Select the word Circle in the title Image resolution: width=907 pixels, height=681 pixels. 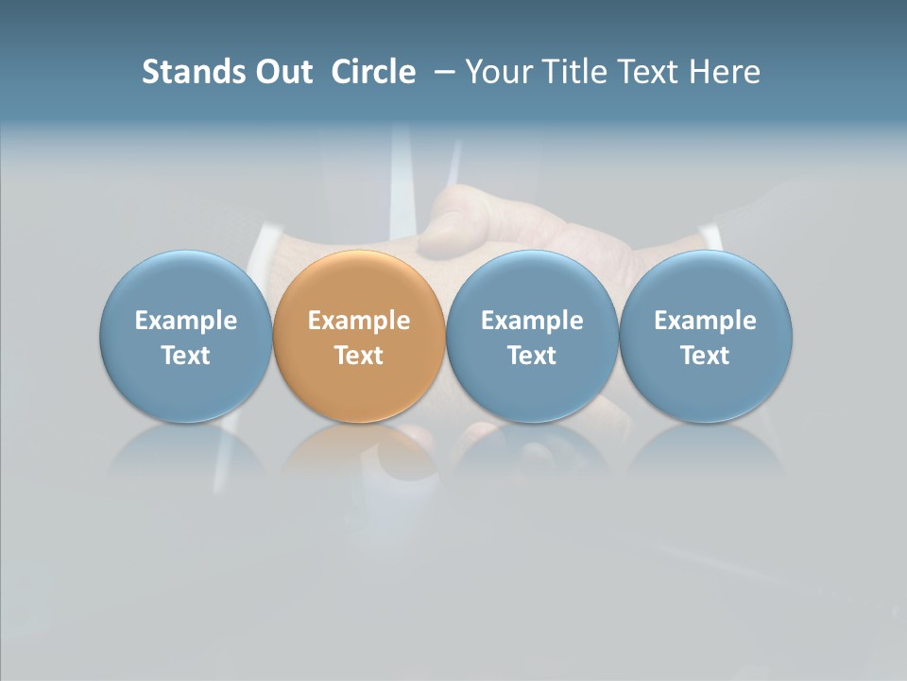click(x=373, y=72)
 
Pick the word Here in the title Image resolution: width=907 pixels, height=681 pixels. click(x=726, y=72)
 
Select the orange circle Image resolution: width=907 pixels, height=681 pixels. click(x=359, y=284)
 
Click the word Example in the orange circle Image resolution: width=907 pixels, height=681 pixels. click(x=359, y=321)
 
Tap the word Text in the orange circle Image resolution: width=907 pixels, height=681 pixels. click(x=359, y=356)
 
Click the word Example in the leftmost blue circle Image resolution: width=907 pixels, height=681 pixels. click(x=186, y=321)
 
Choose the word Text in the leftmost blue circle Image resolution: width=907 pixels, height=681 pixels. click(x=186, y=356)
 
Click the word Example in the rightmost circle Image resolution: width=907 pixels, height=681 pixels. click(x=706, y=321)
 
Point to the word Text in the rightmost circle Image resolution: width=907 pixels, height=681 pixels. click(x=706, y=356)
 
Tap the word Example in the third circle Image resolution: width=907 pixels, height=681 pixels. click(x=532, y=321)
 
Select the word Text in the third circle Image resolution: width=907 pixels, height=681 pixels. click(x=532, y=356)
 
